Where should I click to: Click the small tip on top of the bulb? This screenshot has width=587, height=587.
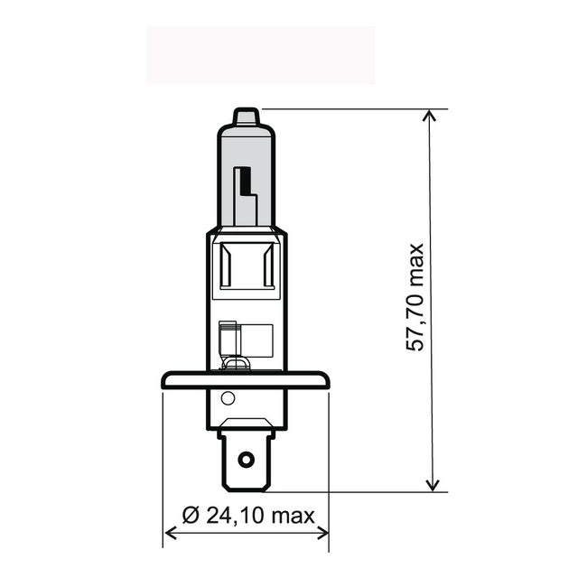coord(246,117)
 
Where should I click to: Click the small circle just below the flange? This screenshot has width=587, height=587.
coord(228,398)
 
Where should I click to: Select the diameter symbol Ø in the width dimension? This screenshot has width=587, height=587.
coord(190,516)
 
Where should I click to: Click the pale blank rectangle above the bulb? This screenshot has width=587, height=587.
coord(260,55)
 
